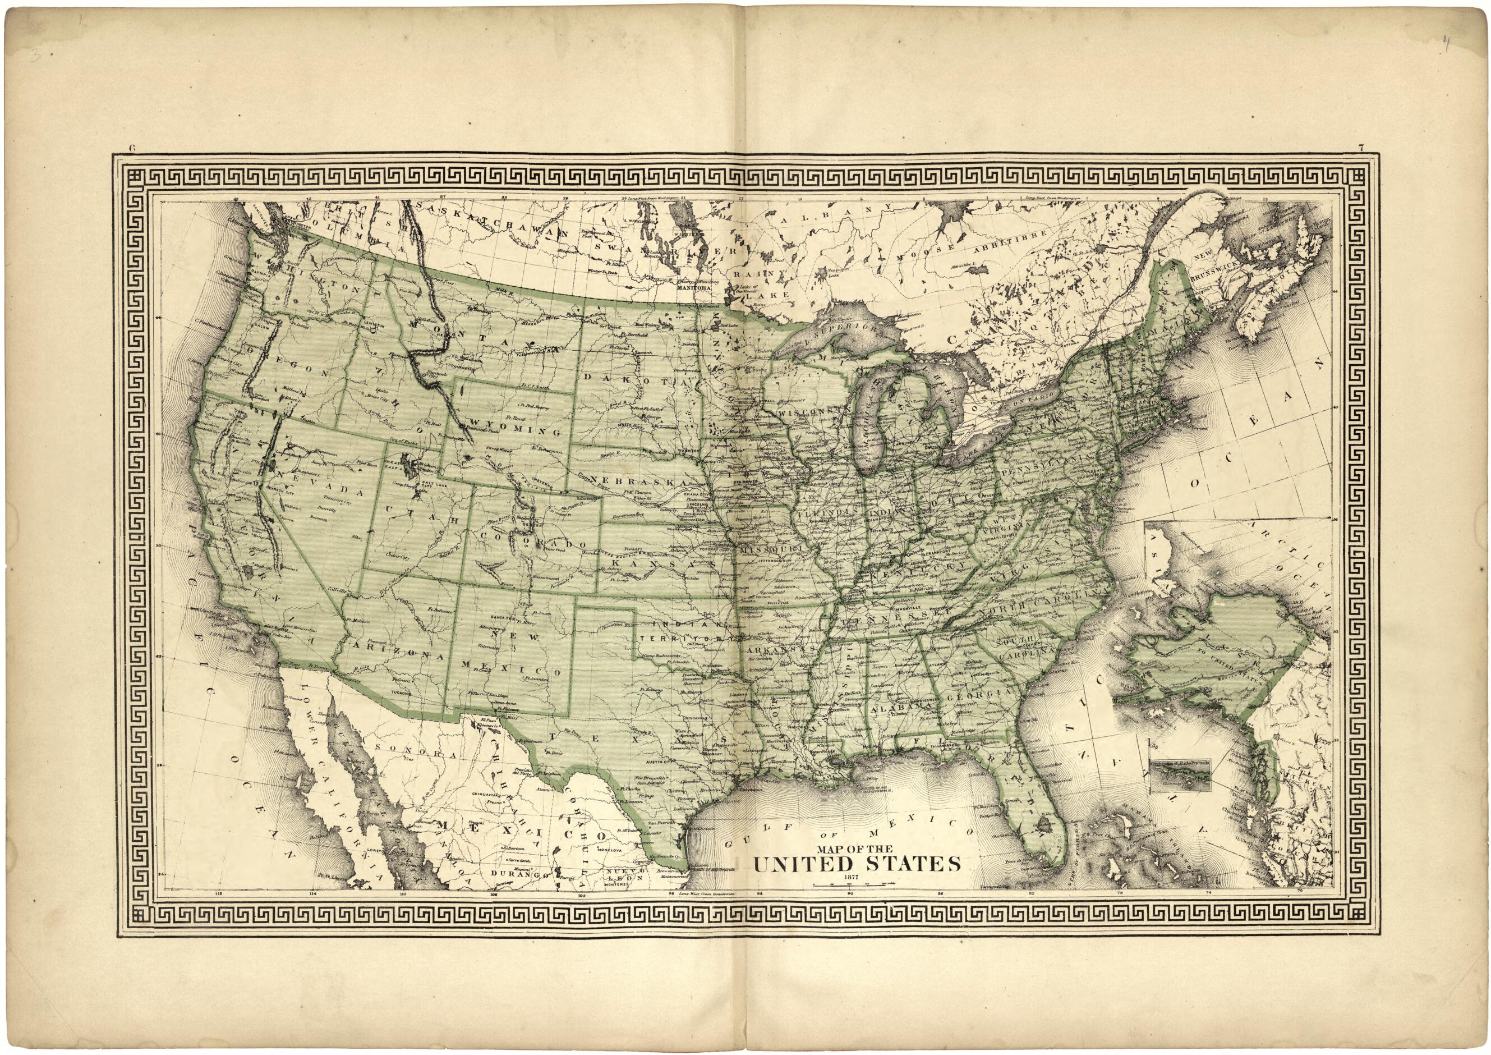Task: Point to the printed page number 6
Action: [132, 166]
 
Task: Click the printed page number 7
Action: [1355, 166]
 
